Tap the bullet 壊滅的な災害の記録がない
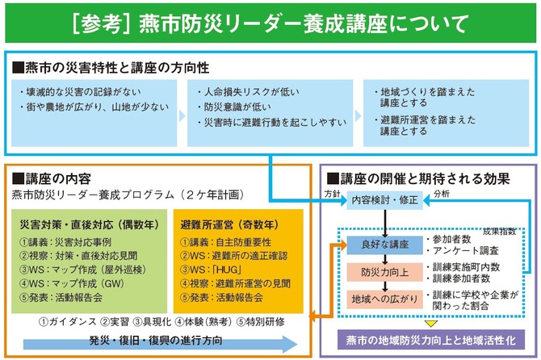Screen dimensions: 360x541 click(x=82, y=91)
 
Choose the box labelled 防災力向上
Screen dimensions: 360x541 click(x=378, y=271)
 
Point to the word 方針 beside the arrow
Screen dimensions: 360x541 click(x=333, y=195)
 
